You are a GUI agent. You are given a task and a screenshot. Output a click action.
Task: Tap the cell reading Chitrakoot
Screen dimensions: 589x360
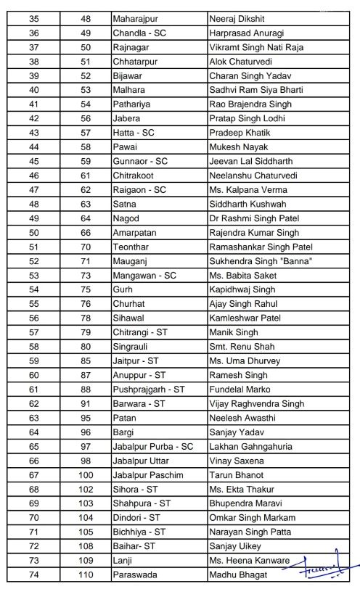click(132, 175)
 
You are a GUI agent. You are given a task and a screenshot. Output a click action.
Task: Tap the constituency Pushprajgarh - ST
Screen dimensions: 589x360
click(148, 389)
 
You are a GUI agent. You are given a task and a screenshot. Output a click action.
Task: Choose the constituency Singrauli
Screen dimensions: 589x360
click(130, 347)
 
